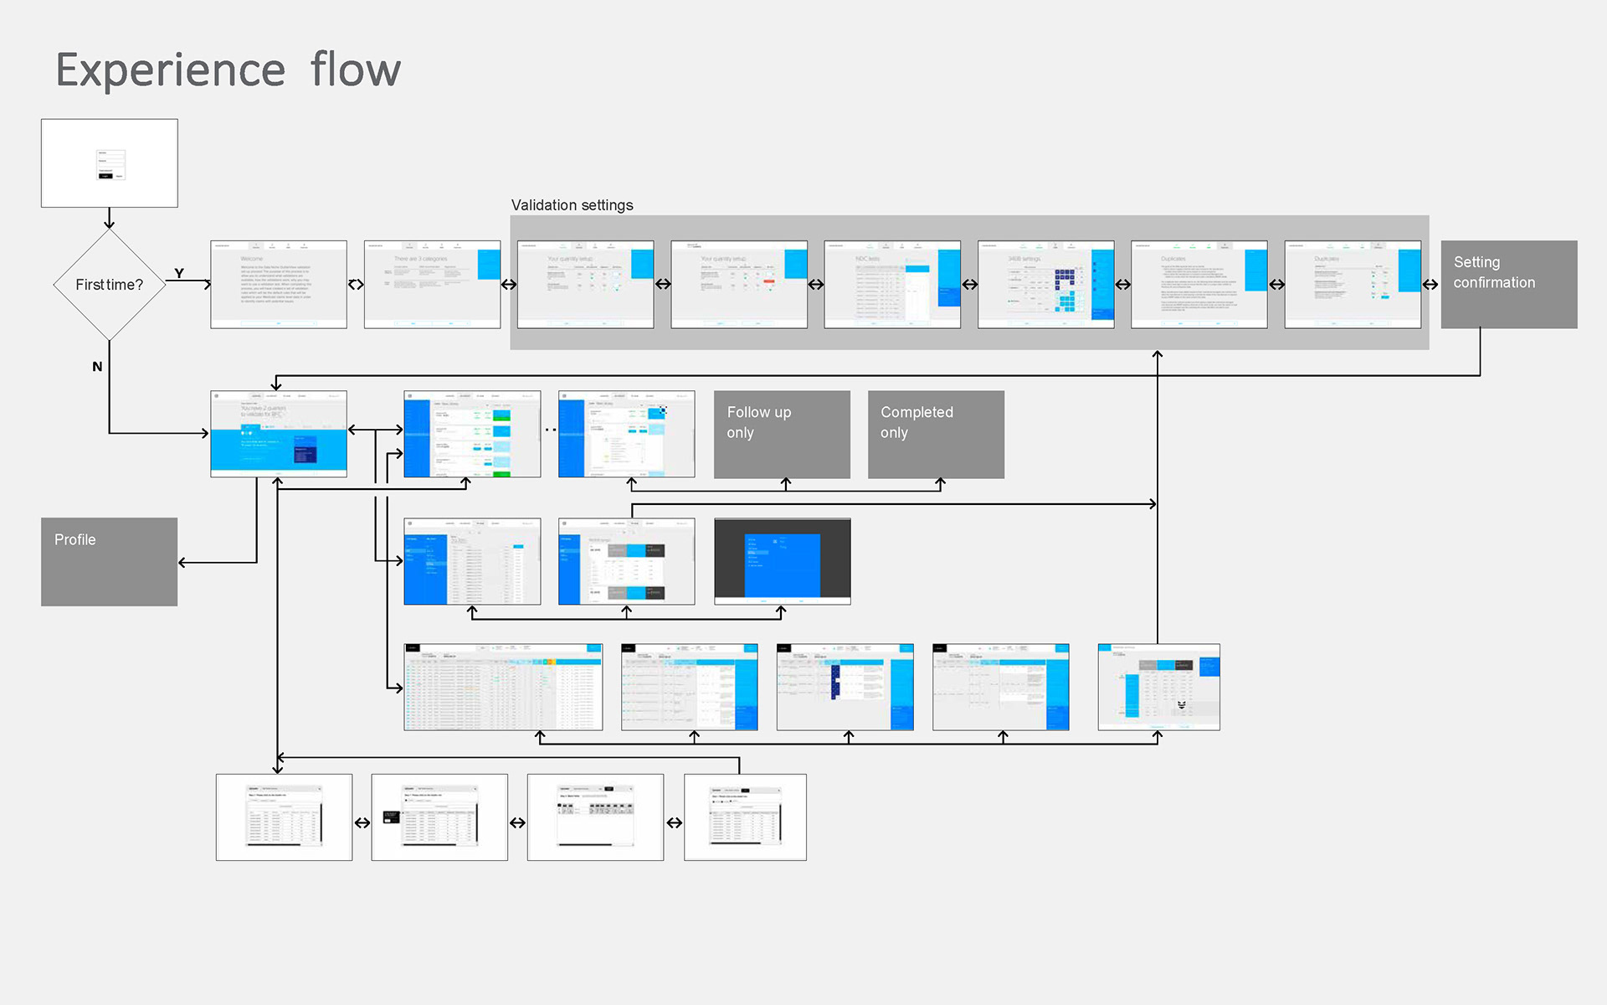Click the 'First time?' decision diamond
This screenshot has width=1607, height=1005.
coord(109,285)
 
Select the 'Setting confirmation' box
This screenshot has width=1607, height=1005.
coord(1508,284)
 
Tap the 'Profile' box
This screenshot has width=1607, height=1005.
coord(109,561)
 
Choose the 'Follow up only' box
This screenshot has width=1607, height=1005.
coord(782,434)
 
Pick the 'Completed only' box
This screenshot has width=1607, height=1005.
coord(936,434)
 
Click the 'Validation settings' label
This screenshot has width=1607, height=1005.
coord(572,205)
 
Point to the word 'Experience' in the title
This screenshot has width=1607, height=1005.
coord(171,70)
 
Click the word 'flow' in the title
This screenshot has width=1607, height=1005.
coord(356,70)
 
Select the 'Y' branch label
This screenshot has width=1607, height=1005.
coord(179,273)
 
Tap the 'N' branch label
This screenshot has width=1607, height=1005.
coord(97,366)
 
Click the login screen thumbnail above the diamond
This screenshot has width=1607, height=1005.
coord(109,162)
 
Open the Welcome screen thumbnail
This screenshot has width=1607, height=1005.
coord(278,284)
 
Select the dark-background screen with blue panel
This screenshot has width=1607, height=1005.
coord(782,561)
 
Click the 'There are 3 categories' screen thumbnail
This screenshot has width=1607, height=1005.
coord(432,284)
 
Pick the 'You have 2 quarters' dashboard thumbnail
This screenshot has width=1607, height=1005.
coord(278,434)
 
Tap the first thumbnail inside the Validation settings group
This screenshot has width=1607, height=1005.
coord(585,284)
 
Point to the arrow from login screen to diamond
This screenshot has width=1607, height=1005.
coord(109,218)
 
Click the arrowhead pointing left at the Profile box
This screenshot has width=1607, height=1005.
coord(182,563)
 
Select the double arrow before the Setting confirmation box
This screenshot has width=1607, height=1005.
coord(1430,284)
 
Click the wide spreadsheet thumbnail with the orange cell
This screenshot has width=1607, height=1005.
coord(502,687)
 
